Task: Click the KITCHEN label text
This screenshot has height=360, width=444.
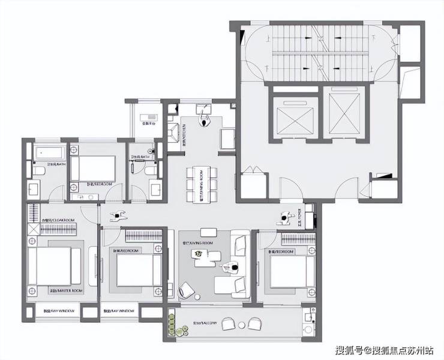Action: [184, 134]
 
